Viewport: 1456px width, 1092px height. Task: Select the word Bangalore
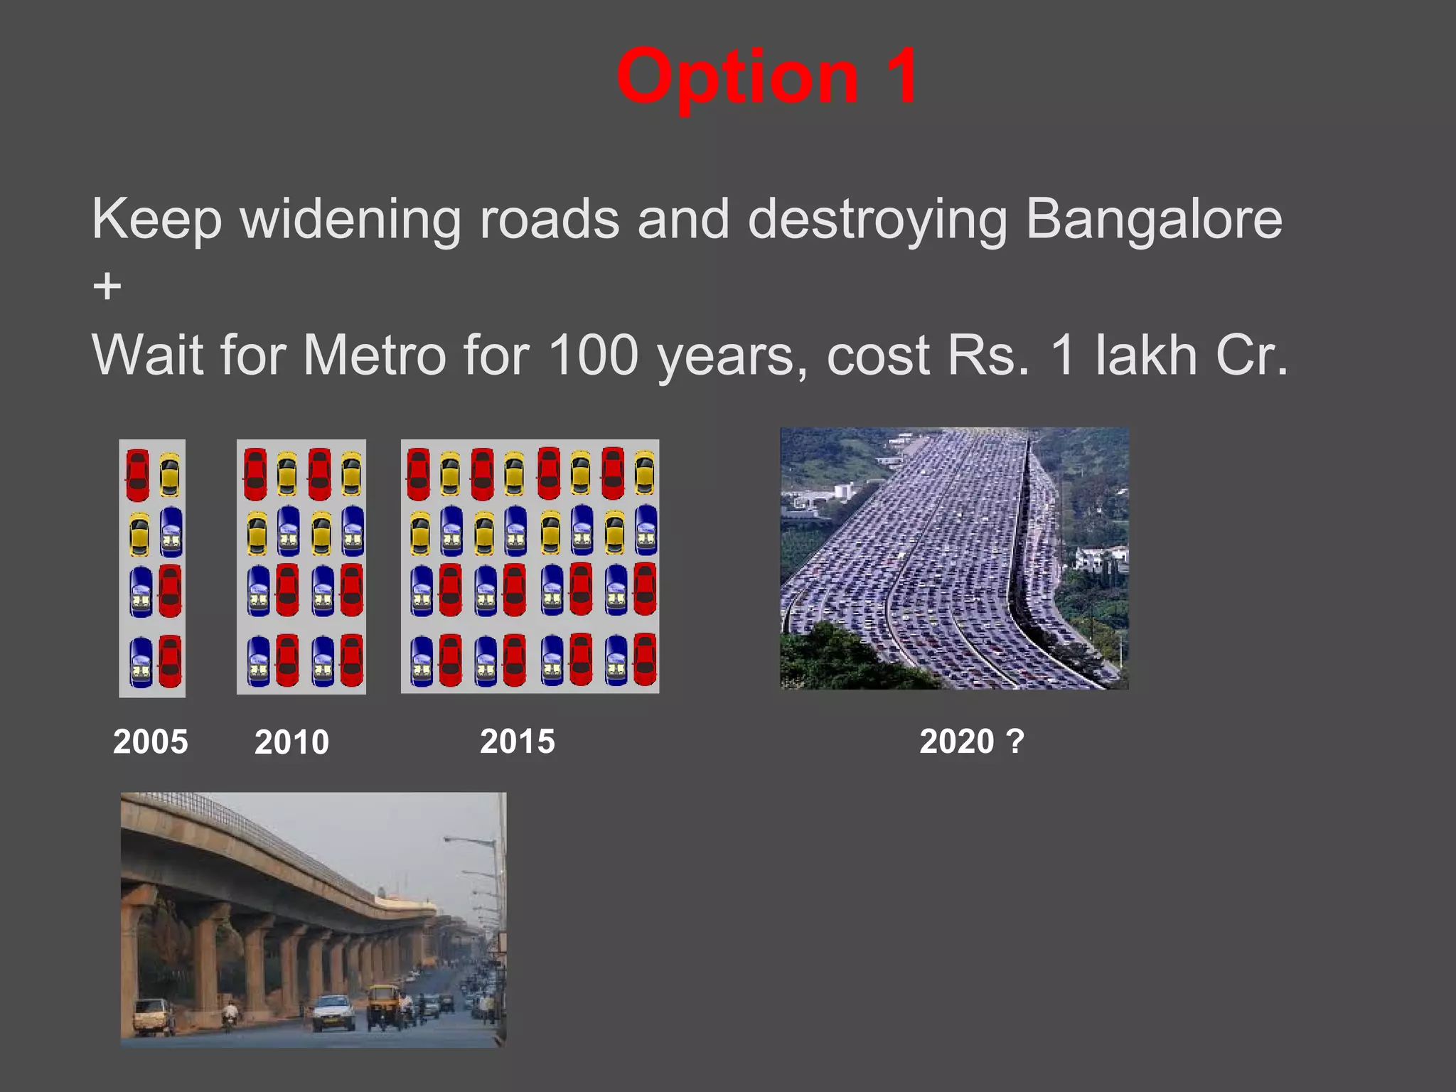point(1153,219)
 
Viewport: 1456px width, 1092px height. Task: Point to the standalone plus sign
point(107,287)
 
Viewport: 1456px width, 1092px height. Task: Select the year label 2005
point(151,742)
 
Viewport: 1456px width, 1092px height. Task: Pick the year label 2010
point(291,742)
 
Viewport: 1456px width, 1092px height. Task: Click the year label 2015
point(518,742)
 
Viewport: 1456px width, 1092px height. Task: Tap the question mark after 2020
point(1015,742)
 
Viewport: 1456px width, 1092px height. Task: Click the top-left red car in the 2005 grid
point(137,474)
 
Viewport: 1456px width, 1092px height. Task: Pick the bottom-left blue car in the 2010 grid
point(258,660)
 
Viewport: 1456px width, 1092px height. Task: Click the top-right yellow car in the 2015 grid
point(644,472)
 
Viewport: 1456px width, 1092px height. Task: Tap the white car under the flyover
point(333,1011)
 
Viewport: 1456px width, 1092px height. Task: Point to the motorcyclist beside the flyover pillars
point(230,1014)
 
